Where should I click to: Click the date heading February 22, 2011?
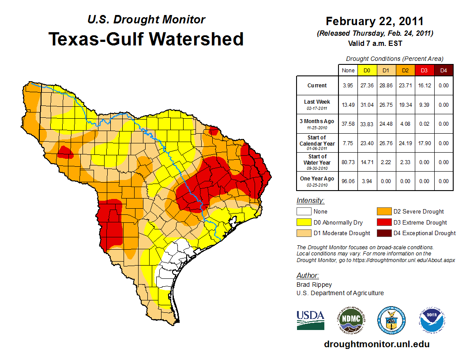[x=374, y=21]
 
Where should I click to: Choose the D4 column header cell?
[x=443, y=70]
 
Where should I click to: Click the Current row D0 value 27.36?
[x=367, y=86]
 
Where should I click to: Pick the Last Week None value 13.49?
[x=348, y=105]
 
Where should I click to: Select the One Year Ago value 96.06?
[x=348, y=181]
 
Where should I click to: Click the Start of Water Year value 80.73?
[x=348, y=162]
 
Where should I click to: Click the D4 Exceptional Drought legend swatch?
[x=383, y=233]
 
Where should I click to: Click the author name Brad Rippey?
[x=314, y=285]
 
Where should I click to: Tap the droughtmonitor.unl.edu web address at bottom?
[x=376, y=344]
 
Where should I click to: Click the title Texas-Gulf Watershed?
[x=146, y=39]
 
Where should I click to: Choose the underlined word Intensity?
[x=310, y=201]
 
